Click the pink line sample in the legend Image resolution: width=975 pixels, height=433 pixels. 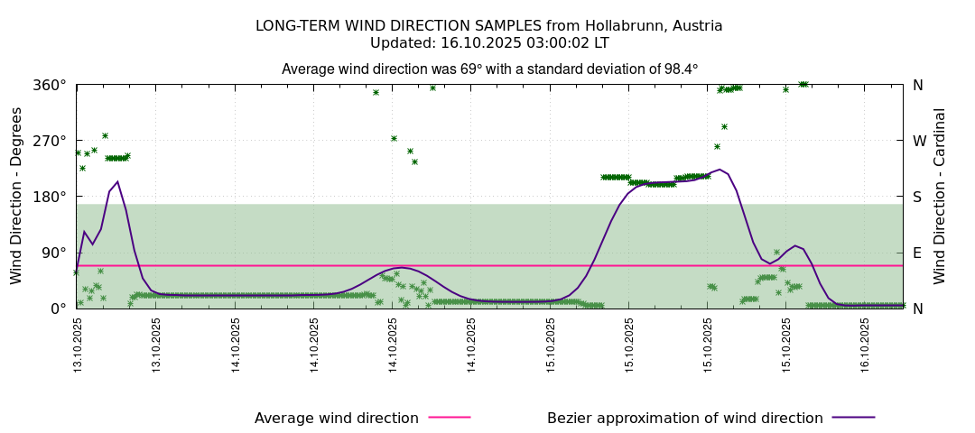pos(449,417)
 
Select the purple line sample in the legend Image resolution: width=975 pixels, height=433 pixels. pos(852,417)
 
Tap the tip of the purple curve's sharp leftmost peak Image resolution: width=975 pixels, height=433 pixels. pos(117,181)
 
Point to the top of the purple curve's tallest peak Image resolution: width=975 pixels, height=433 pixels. pos(720,169)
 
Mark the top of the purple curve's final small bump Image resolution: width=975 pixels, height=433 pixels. pos(794,245)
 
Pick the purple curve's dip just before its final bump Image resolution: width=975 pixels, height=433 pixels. pos(769,263)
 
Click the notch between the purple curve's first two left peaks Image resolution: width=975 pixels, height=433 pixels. pos(92,244)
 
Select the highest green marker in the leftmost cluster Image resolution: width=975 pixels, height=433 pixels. pos(105,135)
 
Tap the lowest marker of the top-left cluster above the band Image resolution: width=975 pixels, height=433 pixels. pos(82,168)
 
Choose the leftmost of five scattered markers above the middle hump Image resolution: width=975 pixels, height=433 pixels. pos(376,92)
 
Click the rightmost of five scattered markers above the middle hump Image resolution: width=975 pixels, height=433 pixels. pos(432,88)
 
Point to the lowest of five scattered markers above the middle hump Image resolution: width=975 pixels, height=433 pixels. pos(414,161)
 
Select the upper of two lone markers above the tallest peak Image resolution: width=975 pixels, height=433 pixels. pos(724,126)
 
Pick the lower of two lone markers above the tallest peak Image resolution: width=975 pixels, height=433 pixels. pos(717,146)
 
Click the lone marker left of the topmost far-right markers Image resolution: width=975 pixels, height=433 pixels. pos(785,89)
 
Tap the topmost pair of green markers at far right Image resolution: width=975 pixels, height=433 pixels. pos(803,84)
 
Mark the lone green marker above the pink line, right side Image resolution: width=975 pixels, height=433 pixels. pos(776,252)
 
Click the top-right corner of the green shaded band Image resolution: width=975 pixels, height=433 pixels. pos(902,204)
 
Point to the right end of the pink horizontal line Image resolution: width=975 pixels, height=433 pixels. pos(902,265)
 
